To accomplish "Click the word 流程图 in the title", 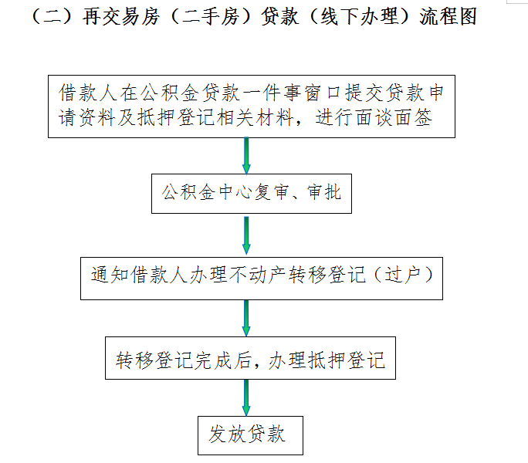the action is click(448, 16).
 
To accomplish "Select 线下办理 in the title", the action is click(359, 16).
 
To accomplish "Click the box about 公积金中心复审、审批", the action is click(252, 194).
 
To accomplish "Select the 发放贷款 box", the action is click(250, 436).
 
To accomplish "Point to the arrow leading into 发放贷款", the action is click(246, 397).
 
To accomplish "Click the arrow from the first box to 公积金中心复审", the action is click(246, 156).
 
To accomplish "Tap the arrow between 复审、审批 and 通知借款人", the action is click(246, 235).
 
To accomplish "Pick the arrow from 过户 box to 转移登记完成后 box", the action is click(246, 318).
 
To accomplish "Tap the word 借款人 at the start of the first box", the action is click(87, 93).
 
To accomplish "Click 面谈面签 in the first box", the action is click(394, 117).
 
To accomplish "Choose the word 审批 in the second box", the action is click(324, 192).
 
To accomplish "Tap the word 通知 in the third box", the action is click(110, 275).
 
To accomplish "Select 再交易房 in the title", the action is click(121, 16).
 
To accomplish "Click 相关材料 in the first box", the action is click(256, 117).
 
